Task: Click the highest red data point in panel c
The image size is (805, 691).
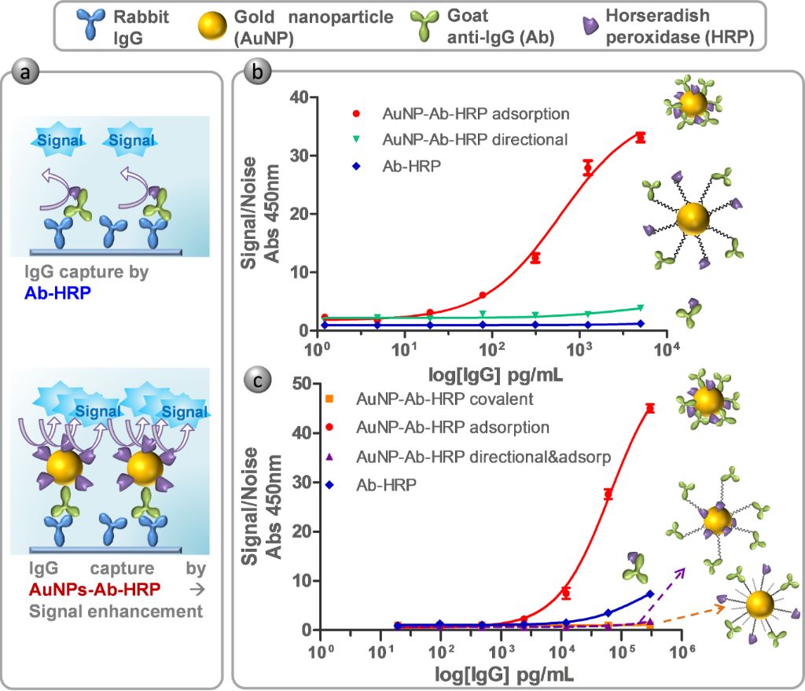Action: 650,408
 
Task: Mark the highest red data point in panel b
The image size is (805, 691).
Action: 641,138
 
